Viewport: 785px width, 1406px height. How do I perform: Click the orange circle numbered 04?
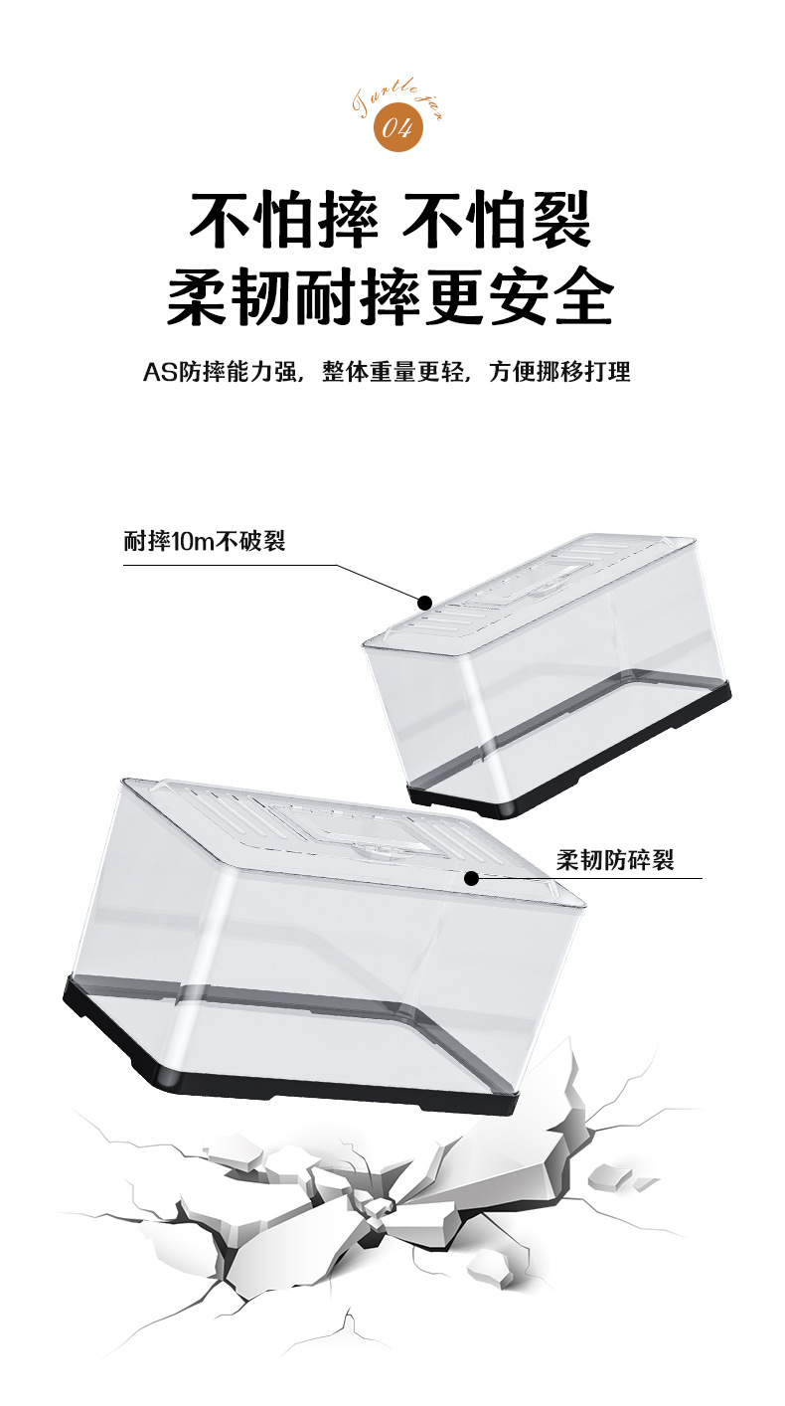click(x=397, y=128)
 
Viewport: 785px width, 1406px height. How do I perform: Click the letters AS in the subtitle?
click(x=158, y=373)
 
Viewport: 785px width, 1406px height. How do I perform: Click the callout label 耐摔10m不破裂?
click(x=205, y=542)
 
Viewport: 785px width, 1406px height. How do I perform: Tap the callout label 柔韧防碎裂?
click(x=614, y=859)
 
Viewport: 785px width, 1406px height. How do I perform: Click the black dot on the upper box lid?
click(x=424, y=602)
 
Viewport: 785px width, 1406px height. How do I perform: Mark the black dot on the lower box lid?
click(x=471, y=878)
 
